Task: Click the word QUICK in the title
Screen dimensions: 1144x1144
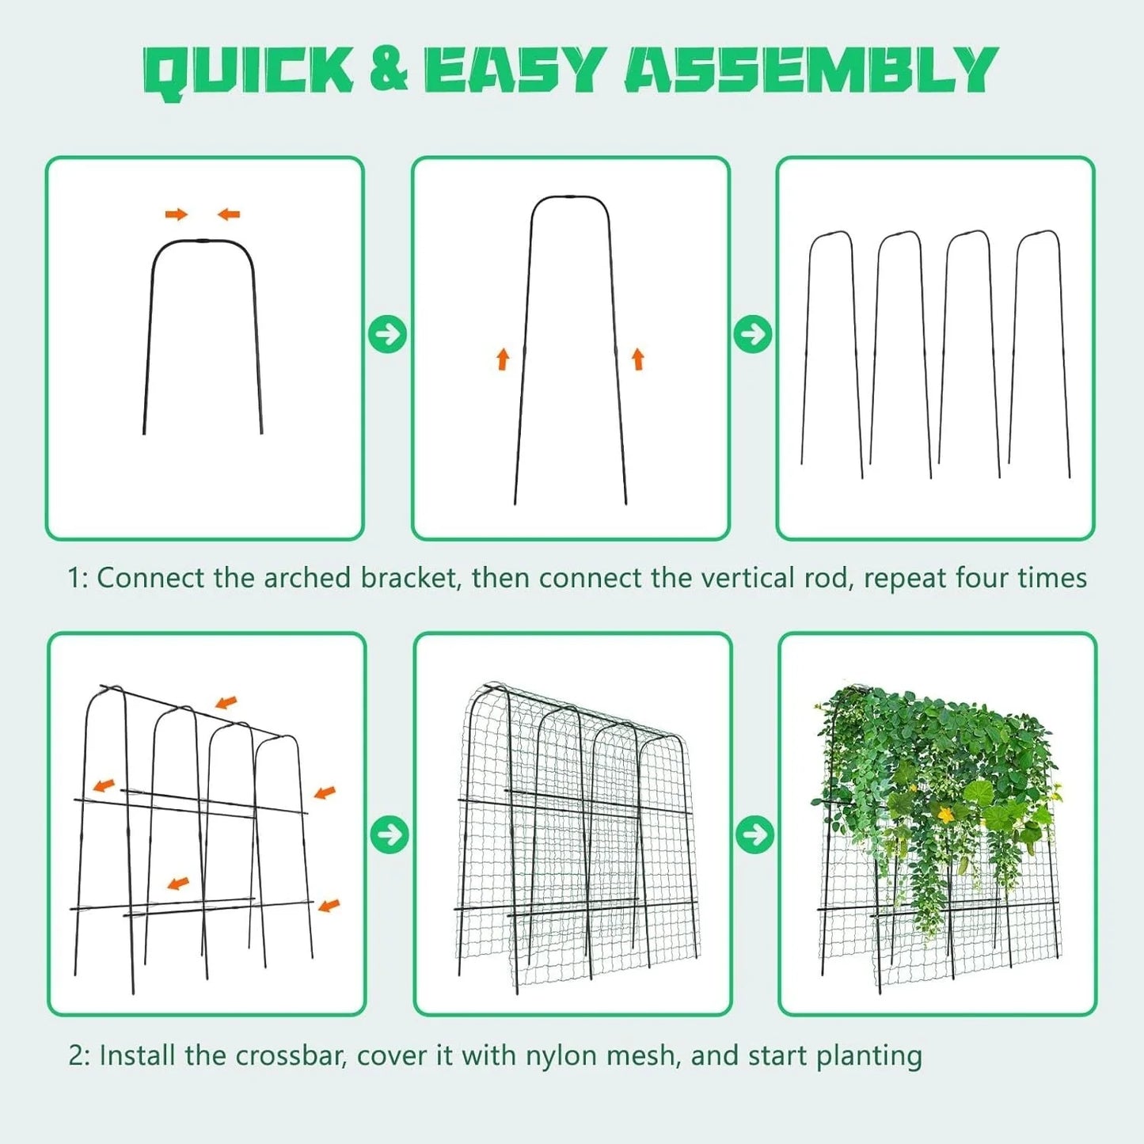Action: [x=249, y=72]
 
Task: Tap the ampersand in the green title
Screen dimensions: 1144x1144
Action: [x=389, y=71]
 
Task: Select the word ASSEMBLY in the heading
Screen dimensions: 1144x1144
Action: [x=811, y=70]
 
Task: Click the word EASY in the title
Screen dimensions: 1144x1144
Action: [x=512, y=70]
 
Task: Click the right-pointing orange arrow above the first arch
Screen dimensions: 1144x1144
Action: [x=177, y=215]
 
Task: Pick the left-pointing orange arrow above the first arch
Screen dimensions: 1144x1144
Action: [x=229, y=214]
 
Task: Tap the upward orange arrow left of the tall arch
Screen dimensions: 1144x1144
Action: [x=503, y=359]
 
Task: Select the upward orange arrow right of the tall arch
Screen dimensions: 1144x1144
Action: [x=638, y=359]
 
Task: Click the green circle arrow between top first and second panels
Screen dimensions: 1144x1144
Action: [x=388, y=335]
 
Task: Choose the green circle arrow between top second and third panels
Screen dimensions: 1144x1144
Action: [x=753, y=335]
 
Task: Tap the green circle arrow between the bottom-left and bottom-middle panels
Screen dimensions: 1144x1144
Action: [x=390, y=835]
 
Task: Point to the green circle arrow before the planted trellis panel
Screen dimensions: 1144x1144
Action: [x=754, y=835]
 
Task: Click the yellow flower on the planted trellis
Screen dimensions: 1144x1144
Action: [x=946, y=815]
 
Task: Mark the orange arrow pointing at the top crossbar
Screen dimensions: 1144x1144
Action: [x=226, y=702]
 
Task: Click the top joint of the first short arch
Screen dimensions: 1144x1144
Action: [x=203, y=241]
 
